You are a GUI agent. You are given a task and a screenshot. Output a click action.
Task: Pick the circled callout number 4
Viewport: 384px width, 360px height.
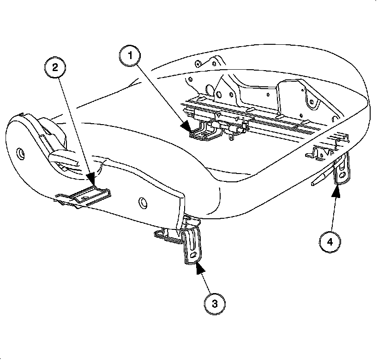[x=330, y=241]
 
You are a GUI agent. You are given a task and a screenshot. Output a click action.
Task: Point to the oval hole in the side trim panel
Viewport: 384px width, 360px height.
[x=141, y=202]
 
